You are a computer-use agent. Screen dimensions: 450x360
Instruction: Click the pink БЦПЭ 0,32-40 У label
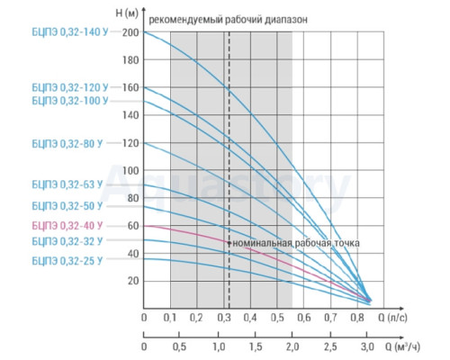pyautogui.click(x=67, y=226)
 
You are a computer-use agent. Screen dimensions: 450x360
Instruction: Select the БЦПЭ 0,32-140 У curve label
pyautogui.click(x=70, y=32)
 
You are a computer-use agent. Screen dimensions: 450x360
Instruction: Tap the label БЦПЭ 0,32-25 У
pyautogui.click(x=67, y=261)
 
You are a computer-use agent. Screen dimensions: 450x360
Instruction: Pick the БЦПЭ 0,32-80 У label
pyautogui.click(x=67, y=144)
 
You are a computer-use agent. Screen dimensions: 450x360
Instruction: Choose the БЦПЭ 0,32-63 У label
pyautogui.click(x=67, y=184)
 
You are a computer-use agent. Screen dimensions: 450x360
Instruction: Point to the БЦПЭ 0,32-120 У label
pyautogui.click(x=70, y=87)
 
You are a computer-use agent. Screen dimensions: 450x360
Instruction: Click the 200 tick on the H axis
pyautogui.click(x=130, y=32)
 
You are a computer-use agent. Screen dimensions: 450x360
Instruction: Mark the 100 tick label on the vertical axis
pyautogui.click(x=130, y=171)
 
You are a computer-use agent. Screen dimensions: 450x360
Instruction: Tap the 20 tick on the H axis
pyautogui.click(x=133, y=281)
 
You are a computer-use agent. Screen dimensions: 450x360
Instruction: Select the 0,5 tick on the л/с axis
pyautogui.click(x=277, y=318)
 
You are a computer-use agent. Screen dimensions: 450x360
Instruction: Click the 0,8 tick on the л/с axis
pyautogui.click(x=357, y=318)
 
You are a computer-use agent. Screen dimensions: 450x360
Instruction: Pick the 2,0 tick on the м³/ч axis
pyautogui.click(x=292, y=346)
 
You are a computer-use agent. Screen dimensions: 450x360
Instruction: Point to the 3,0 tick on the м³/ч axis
pyautogui.click(x=367, y=346)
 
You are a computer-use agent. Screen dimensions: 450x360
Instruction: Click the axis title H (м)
pyautogui.click(x=127, y=13)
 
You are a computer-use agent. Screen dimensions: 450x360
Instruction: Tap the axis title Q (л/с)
pyautogui.click(x=392, y=318)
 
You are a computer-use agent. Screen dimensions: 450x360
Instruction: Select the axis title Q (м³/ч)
pyautogui.click(x=402, y=346)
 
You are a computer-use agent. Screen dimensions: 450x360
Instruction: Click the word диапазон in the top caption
pyautogui.click(x=286, y=21)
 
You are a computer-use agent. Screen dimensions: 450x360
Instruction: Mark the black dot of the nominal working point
pyautogui.click(x=229, y=243)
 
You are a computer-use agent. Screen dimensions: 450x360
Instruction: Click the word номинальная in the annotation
pyautogui.click(x=263, y=243)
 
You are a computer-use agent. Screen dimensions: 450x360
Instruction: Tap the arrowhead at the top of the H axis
pyautogui.click(x=144, y=8)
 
